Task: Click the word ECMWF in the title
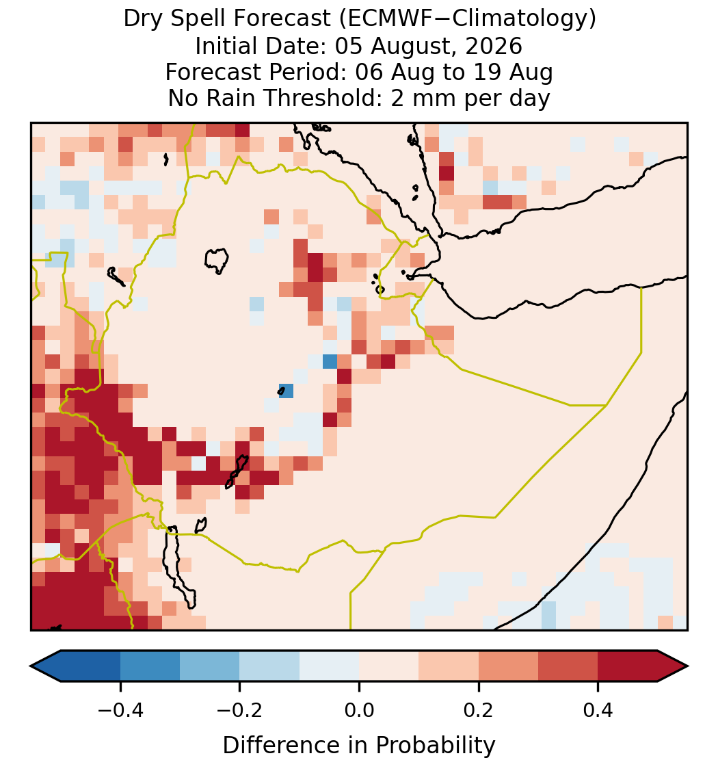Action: (x=380, y=19)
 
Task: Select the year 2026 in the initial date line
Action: (x=494, y=46)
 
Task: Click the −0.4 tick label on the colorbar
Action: (x=120, y=710)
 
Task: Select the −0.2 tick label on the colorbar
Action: (x=239, y=710)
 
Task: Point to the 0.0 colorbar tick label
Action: (x=359, y=710)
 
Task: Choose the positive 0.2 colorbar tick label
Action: (x=479, y=710)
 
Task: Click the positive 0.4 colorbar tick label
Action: (x=598, y=710)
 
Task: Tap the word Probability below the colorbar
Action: (x=436, y=746)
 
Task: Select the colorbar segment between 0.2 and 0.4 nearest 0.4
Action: (x=568, y=666)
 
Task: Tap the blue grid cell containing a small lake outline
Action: (x=286, y=391)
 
